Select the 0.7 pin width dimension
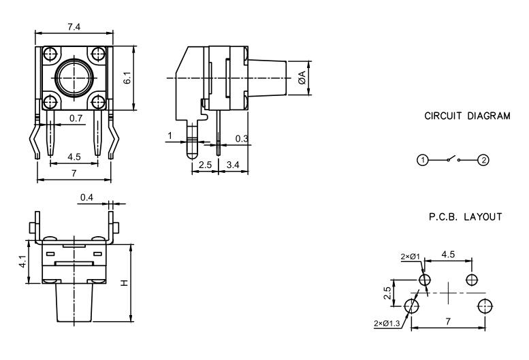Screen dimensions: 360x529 coord(76,118)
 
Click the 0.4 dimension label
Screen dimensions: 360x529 coord(86,197)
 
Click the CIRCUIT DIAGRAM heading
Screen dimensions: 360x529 coord(466,116)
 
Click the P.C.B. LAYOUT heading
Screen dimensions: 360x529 coord(466,217)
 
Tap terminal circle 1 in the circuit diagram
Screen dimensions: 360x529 coord(423,161)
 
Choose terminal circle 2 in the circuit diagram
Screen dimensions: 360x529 coord(483,161)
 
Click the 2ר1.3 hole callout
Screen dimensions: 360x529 coord(386,323)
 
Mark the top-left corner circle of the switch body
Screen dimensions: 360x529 coord(50,54)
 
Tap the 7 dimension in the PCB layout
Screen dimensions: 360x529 coord(447,320)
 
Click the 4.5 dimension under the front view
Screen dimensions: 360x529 coord(74,157)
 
